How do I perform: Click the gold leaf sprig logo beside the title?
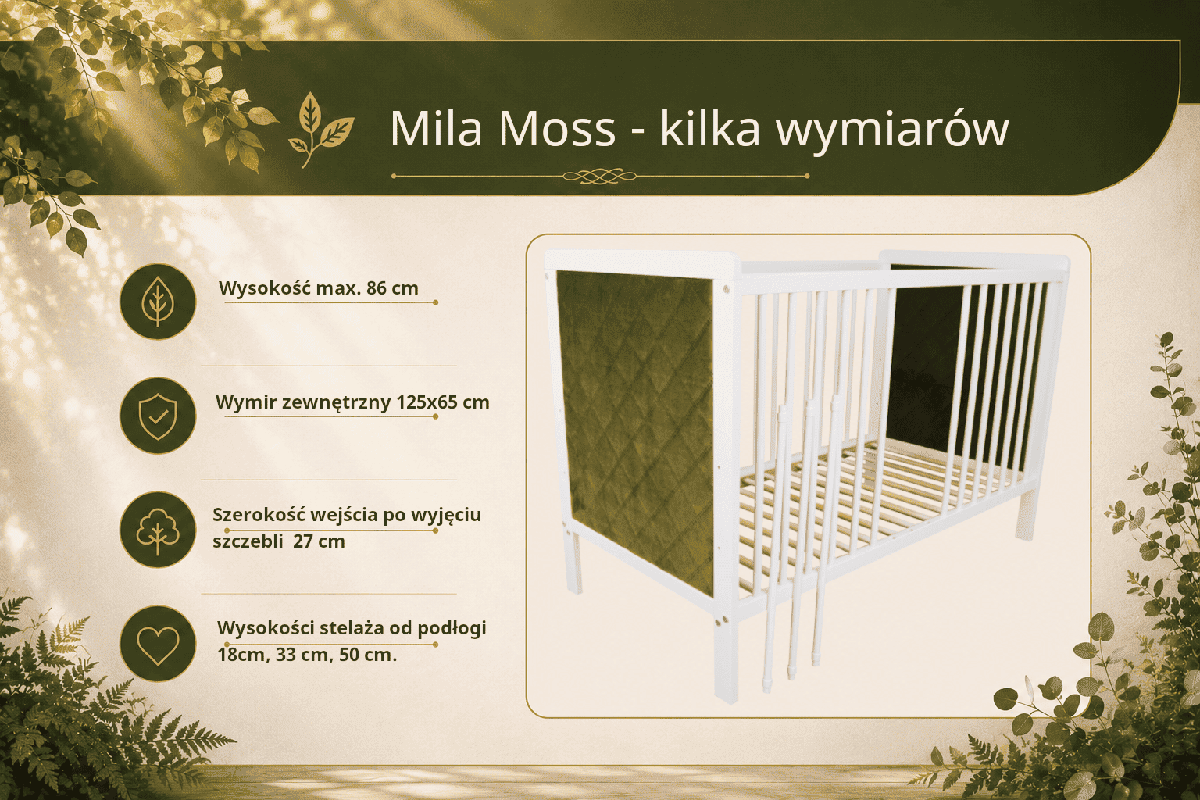(x=321, y=129)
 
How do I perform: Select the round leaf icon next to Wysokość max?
(x=158, y=302)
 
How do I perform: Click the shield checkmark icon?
(x=158, y=416)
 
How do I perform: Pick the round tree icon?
(x=158, y=530)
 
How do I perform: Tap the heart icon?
(x=158, y=643)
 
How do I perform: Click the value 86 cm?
(x=392, y=288)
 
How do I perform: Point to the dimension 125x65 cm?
(x=443, y=402)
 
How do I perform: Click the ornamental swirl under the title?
(x=599, y=175)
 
